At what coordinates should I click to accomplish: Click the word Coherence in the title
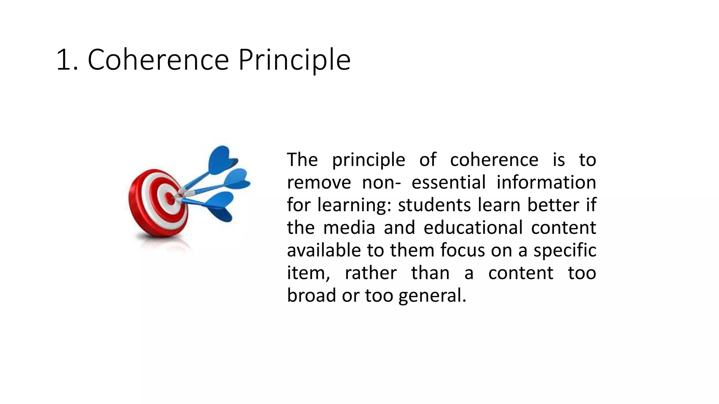[158, 60]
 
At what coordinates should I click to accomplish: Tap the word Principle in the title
[294, 60]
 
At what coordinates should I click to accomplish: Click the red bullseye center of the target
[170, 199]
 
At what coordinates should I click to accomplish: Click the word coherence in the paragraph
[494, 160]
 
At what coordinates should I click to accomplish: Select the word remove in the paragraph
[319, 183]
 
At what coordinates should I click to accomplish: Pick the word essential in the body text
[448, 183]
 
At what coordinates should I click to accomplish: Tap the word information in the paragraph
[546, 183]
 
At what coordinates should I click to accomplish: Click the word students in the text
[434, 205]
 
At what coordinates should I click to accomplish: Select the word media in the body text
[349, 228]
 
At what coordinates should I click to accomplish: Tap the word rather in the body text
[371, 273]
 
